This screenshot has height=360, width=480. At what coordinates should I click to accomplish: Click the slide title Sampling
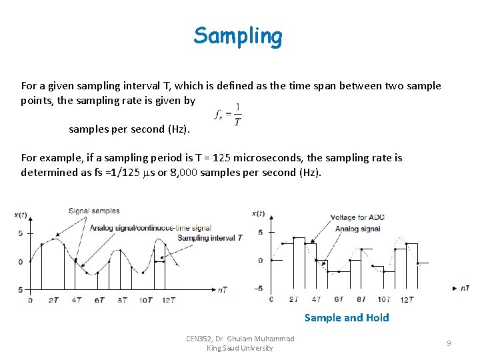coord(238,35)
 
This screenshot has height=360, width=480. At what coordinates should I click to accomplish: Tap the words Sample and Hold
coord(347,317)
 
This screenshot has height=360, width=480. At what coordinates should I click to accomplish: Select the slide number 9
coord(449,343)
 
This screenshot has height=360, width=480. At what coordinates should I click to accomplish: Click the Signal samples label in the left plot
coord(94,211)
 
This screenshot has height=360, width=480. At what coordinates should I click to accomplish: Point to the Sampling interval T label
coord(210,238)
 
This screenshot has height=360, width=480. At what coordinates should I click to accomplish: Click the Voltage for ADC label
coord(357,218)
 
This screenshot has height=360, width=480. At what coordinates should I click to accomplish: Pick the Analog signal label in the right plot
coord(357,229)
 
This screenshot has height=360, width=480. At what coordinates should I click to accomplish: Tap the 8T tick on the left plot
coord(122,300)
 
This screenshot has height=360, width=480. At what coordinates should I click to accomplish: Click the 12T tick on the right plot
coord(406,299)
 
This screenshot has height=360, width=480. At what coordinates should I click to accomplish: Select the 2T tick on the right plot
coord(294,299)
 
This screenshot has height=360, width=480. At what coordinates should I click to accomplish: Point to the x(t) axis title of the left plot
coord(21,215)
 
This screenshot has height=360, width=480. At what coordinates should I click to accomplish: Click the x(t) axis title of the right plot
coord(259,213)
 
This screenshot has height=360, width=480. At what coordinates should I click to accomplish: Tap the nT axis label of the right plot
coord(464,288)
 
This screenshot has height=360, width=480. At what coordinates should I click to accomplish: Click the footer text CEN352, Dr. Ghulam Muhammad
coord(240,339)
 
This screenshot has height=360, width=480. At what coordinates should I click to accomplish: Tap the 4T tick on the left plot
coord(77,300)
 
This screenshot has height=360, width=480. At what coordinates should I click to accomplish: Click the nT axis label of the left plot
coord(225,289)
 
